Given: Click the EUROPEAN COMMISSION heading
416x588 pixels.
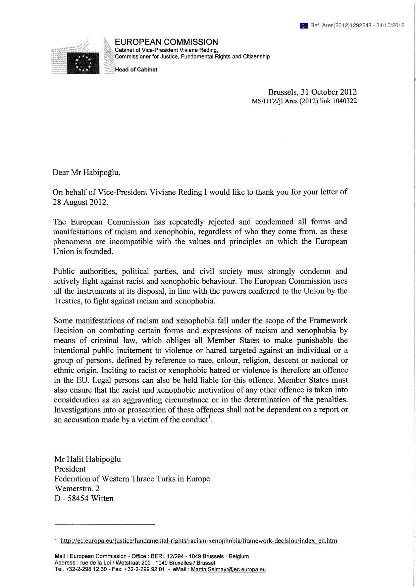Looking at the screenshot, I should [166, 42].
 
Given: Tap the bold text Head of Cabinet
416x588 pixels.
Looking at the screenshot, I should [136, 70].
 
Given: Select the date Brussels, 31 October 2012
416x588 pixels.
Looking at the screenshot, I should [312, 92].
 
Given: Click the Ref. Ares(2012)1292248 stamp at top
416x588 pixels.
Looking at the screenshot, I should [357, 25].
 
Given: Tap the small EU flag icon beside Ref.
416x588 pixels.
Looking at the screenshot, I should [304, 26].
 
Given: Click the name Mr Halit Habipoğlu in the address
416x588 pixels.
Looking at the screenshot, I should [88, 459].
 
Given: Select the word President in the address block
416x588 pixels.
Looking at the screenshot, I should [70, 469].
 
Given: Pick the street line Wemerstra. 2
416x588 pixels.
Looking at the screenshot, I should [77, 488].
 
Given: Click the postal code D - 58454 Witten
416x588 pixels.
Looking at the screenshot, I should [84, 498].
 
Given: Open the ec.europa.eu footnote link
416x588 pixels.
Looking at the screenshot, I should [199, 541].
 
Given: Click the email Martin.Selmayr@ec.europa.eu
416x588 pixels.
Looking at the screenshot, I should [228, 570].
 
